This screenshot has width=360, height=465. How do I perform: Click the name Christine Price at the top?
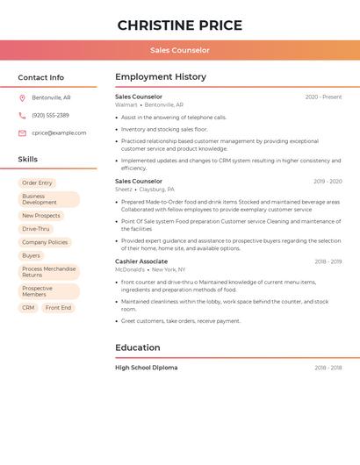click(180, 25)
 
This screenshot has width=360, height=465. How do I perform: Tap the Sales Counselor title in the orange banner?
click(180, 50)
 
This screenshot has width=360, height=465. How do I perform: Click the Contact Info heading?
click(40, 77)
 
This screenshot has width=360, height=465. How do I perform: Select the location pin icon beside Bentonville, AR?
click(22, 97)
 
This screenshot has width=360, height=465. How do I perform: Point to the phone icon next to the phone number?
click(22, 115)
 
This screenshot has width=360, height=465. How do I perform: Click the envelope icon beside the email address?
click(22, 132)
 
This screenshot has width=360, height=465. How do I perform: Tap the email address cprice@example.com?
click(59, 132)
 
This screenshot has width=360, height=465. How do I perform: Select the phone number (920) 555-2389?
click(50, 115)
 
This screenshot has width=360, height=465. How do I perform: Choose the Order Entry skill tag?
click(37, 182)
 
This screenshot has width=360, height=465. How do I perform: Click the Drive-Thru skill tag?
click(36, 229)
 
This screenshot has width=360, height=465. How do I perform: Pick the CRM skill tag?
click(28, 308)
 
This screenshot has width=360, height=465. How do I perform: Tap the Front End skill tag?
click(58, 308)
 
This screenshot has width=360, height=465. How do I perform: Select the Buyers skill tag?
click(31, 255)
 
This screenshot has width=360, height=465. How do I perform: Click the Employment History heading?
click(160, 77)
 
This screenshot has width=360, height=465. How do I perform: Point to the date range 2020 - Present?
click(323, 97)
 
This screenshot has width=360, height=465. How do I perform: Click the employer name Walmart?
click(126, 104)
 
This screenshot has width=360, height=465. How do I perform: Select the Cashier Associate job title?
click(140, 261)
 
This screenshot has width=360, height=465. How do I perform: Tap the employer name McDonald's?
click(130, 269)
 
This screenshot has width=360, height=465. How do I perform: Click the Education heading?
click(137, 347)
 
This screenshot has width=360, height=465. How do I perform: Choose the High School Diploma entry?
click(146, 368)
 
